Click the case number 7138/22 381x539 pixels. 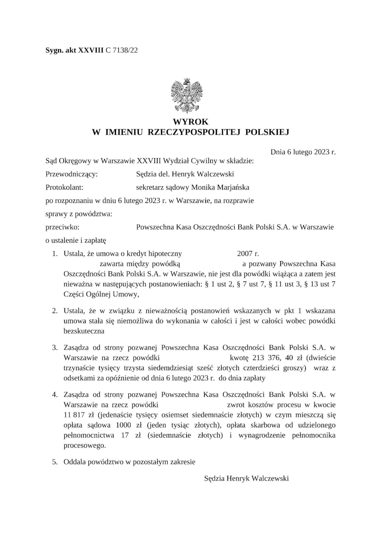click(x=125, y=50)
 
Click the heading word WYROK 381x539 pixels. click(x=190, y=122)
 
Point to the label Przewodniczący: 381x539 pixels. click(x=72, y=174)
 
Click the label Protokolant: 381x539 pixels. click(x=64, y=187)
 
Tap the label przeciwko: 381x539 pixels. click(x=62, y=227)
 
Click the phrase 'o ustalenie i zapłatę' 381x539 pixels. click(x=76, y=240)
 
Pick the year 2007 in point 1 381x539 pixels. click(x=245, y=254)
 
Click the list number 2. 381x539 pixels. click(x=55, y=311)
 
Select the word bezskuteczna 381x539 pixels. click(x=84, y=331)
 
